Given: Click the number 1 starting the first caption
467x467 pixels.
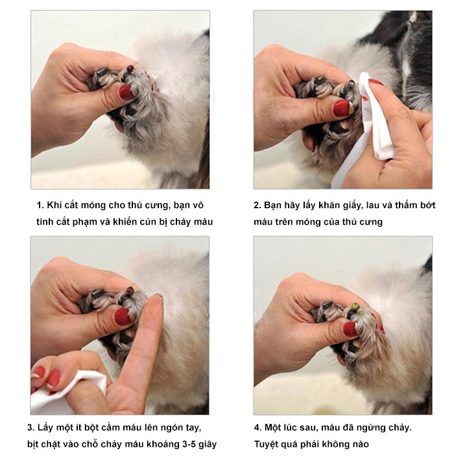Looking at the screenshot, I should pyautogui.click(x=40, y=206).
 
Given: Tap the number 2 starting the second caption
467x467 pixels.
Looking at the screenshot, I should pyautogui.click(x=257, y=206).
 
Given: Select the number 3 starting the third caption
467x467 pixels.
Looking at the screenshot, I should pyautogui.click(x=30, y=427).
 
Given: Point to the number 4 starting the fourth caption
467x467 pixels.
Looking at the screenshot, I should pyautogui.click(x=257, y=427).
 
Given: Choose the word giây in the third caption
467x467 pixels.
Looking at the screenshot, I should pyautogui.click(x=206, y=444).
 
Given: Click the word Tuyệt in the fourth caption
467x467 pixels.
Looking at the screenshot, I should pyautogui.click(x=269, y=444).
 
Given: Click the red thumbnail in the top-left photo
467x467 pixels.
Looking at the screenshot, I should pyautogui.click(x=126, y=92).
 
